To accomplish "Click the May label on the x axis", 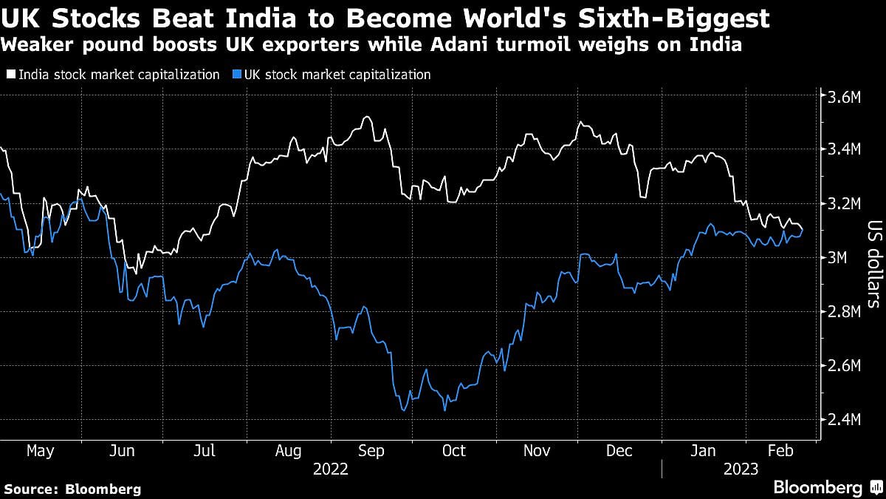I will pos(40,450).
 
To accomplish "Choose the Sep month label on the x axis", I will pos(371,450).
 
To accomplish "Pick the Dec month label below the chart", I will pos(620,450).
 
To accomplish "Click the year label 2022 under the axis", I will pos(330,469).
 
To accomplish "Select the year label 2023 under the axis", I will pos(741,469).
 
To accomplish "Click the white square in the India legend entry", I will pos(10,75).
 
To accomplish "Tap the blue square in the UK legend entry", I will pos(235,75).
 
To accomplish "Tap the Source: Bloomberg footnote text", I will pos(73,489).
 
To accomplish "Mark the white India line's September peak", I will pos(365,117).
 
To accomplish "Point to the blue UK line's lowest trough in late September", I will pos(403,410).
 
